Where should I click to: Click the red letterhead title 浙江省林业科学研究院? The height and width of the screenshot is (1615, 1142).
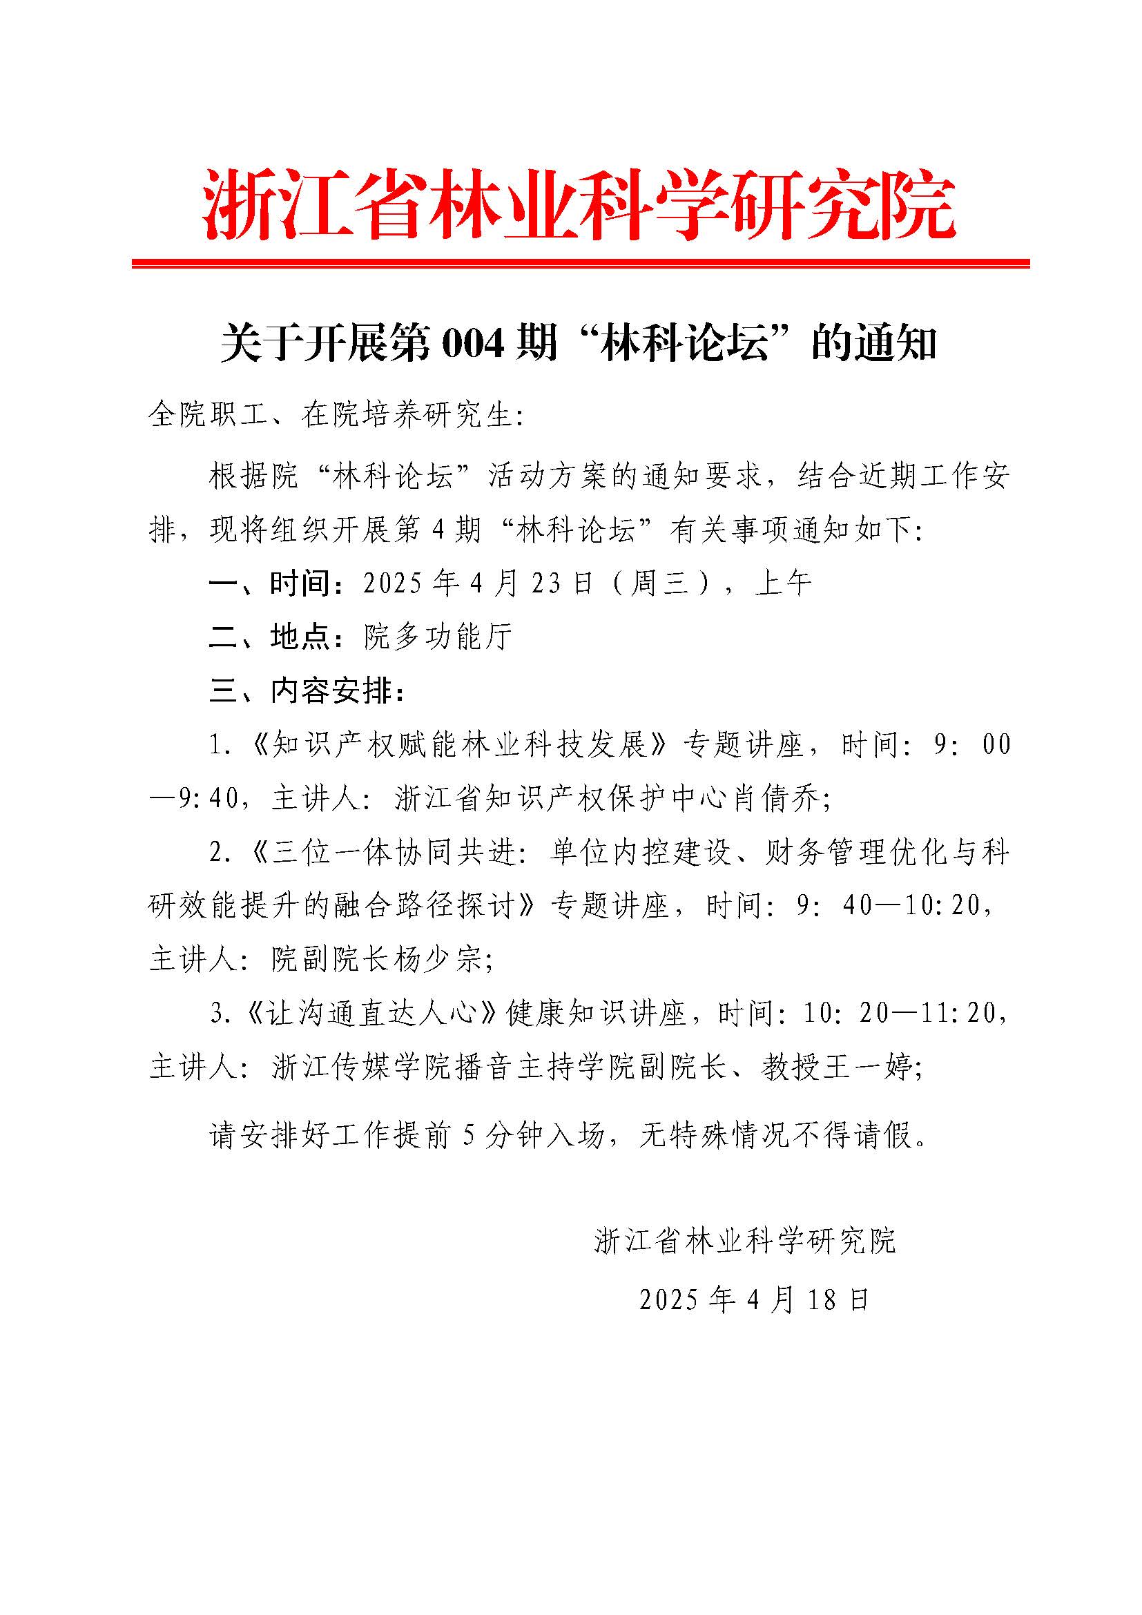[x=579, y=204]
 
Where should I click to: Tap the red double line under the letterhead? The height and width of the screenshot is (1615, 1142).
[x=580, y=263]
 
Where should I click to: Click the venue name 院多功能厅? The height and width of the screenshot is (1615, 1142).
[x=438, y=637]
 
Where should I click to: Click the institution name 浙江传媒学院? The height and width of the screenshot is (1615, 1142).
[x=347, y=1067]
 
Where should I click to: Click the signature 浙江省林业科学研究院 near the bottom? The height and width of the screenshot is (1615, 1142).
[x=745, y=1241]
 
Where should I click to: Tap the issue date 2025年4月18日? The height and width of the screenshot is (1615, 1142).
[x=755, y=1299]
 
